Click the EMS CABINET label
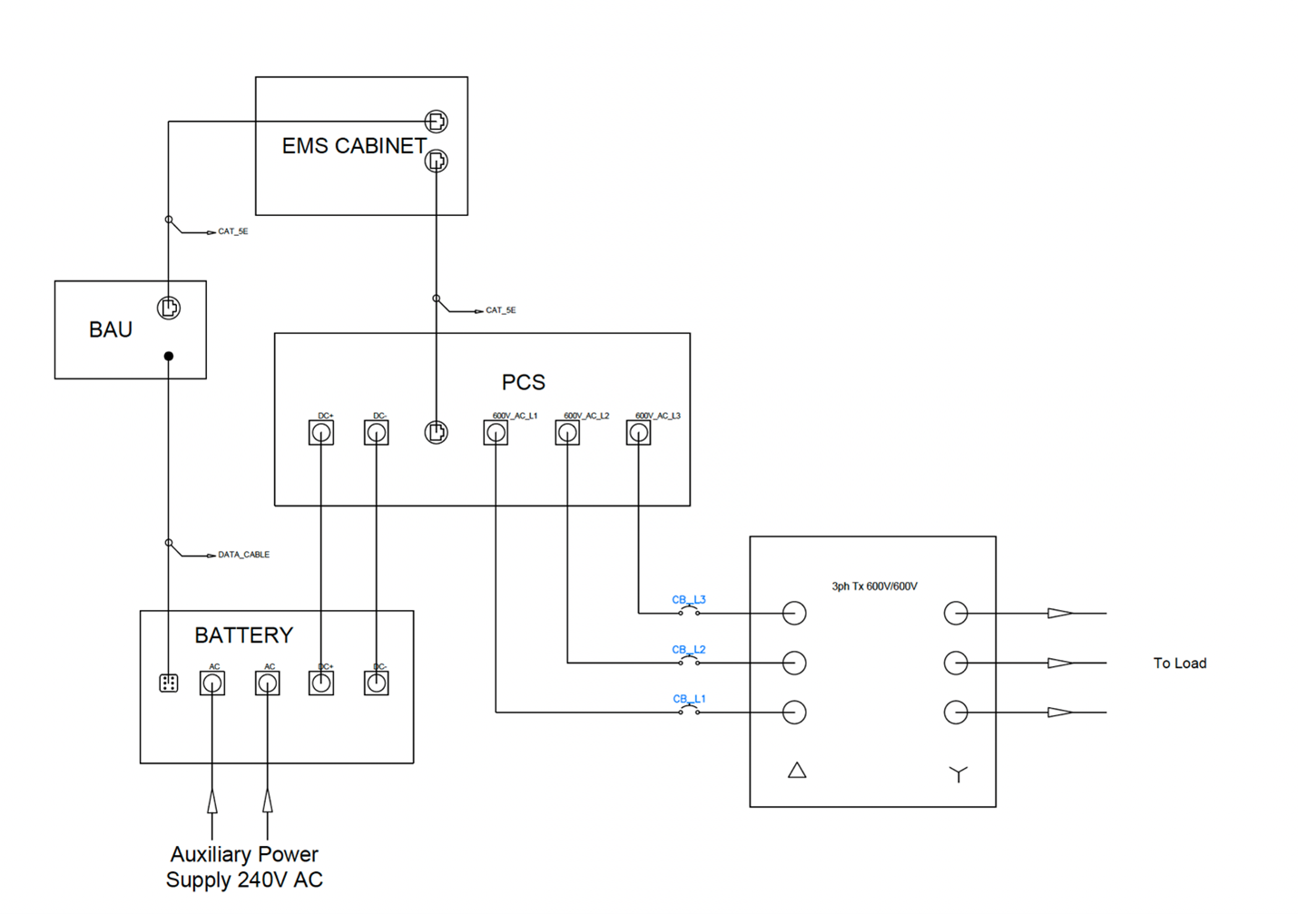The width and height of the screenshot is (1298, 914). [x=354, y=146]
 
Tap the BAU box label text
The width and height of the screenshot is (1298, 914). [x=111, y=329]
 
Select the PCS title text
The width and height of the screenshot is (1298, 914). [x=524, y=382]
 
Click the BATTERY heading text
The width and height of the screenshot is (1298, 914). [x=244, y=635]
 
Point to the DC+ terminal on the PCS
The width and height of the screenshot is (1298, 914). [x=321, y=433]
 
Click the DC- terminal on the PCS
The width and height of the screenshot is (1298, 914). [x=377, y=433]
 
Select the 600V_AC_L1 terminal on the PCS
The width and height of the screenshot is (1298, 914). [x=496, y=433]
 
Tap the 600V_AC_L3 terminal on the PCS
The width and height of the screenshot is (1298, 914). [x=639, y=433]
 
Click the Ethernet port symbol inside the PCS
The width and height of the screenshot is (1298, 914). [x=437, y=433]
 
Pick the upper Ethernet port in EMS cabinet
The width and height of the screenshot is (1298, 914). [x=437, y=121]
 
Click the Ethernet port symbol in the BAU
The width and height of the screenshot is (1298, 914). [x=169, y=308]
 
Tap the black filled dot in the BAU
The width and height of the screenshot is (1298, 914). [x=169, y=356]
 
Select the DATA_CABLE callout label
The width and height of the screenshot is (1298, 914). [x=243, y=555]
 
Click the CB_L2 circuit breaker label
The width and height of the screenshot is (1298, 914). [x=689, y=650]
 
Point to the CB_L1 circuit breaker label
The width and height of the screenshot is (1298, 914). [x=689, y=699]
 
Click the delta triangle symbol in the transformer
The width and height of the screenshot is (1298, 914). [x=797, y=771]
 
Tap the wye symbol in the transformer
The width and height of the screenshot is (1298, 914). [x=959, y=774]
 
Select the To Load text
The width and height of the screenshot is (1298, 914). [x=1180, y=663]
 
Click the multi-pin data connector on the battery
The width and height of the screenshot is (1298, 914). [x=169, y=683]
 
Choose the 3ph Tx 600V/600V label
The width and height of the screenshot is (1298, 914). [x=874, y=586]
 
